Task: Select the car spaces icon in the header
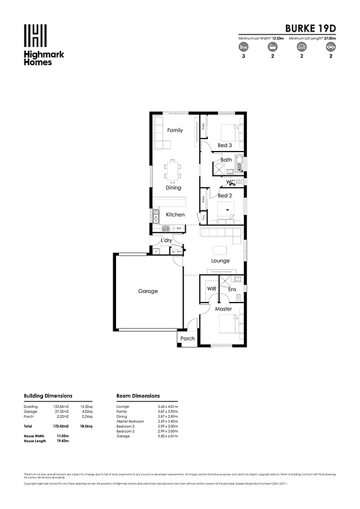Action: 329,48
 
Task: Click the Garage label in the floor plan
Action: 148,291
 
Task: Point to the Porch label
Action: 187,339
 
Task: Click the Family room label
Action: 175,130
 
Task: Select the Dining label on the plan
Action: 173,188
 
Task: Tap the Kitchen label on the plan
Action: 175,215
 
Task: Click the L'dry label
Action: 166,241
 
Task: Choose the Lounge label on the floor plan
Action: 220,261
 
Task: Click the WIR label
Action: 212,288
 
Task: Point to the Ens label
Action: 232,290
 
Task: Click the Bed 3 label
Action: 224,145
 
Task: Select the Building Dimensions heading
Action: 48,396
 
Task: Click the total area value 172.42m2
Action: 61,426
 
